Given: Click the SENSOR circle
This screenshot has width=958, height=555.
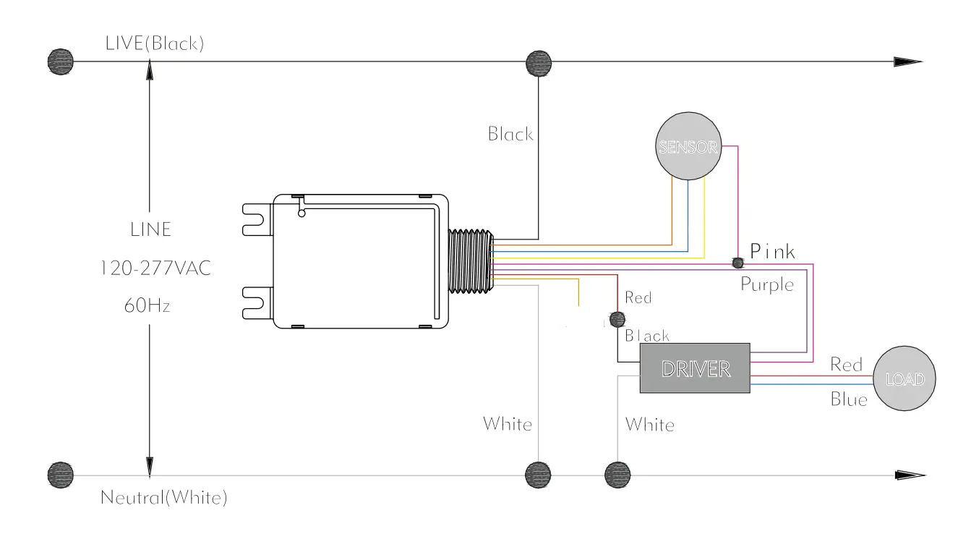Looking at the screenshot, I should coord(688,147).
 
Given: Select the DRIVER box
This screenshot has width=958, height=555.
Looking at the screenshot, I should coord(695,368).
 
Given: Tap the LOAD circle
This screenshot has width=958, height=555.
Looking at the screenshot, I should coord(904,379).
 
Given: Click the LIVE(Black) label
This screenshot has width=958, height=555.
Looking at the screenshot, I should coord(155,43).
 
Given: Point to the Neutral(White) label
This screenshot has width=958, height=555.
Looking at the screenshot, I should coord(164,498).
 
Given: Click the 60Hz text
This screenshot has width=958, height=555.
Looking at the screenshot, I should coord(147,305).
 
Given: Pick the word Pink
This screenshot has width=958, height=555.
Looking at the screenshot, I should coord(772,252).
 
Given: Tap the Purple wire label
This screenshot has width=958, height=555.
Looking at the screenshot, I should coord(766,284).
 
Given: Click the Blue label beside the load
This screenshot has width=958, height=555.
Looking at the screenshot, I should coord(848,399).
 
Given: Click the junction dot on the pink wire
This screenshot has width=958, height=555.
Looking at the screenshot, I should coord(737,261).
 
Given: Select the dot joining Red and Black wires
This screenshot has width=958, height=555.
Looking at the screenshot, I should coord(617,319).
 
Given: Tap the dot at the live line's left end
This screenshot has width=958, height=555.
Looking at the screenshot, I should coord(60,62).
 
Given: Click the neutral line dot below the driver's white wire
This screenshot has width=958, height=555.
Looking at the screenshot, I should coord(617,475).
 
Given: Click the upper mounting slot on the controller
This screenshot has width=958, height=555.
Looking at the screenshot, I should coord(257,219).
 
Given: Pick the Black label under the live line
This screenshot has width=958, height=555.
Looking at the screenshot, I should coord(510,134).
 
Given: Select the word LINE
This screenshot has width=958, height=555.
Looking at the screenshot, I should coord(150,229).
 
